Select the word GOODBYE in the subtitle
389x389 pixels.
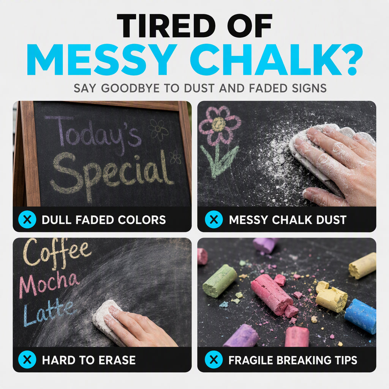pyautogui.click(x=130, y=88)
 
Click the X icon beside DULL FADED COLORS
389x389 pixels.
pyautogui.click(x=27, y=219)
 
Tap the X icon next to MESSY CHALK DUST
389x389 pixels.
pyautogui.click(x=214, y=219)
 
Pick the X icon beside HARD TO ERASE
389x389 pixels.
pyautogui.click(x=27, y=359)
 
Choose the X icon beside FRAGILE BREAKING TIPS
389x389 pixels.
pyautogui.click(x=214, y=359)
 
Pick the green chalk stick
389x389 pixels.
pyautogui.click(x=220, y=281)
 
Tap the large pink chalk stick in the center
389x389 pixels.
pyautogui.click(x=272, y=294)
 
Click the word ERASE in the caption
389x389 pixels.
pyautogui.click(x=117, y=360)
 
